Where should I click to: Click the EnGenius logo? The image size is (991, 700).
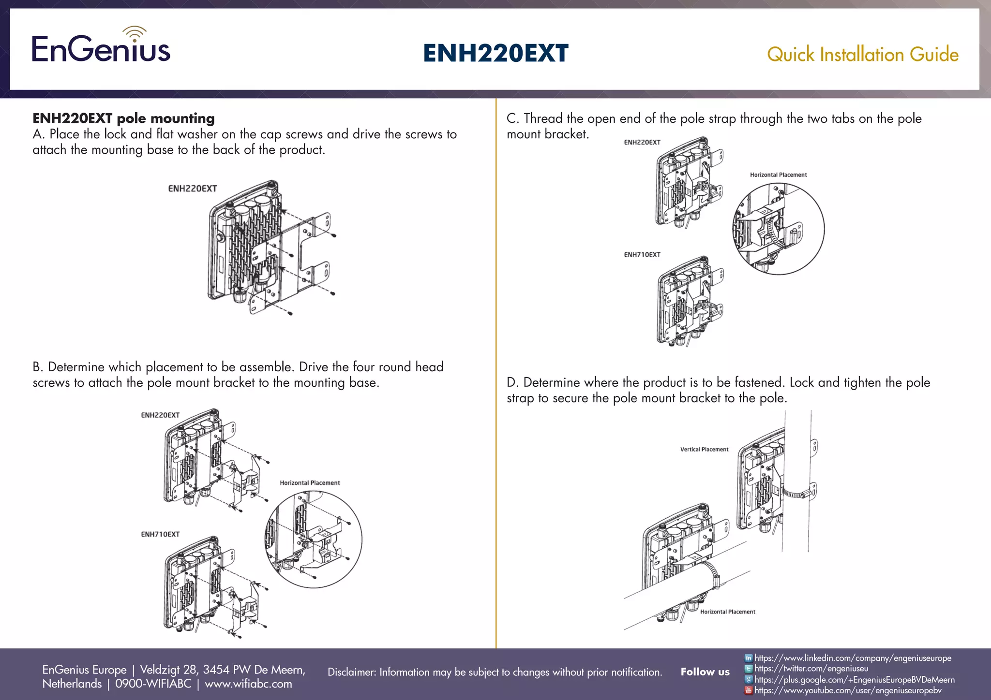click(101, 46)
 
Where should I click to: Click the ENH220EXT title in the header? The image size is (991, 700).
click(495, 53)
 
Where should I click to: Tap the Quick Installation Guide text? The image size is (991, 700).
click(862, 54)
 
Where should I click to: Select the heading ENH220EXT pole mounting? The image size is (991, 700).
click(123, 118)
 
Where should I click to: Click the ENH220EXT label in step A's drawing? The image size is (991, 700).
click(192, 189)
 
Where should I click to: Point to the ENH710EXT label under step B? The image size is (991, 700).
click(160, 534)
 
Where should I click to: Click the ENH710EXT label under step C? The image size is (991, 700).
click(642, 255)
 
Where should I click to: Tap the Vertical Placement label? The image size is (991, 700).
click(704, 450)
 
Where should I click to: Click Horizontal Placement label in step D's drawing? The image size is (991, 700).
click(727, 612)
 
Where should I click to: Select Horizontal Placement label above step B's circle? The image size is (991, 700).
click(310, 483)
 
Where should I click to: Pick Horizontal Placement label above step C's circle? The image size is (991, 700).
click(778, 175)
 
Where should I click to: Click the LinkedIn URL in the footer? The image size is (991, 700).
click(853, 658)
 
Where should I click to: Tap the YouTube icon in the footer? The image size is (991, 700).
click(748, 690)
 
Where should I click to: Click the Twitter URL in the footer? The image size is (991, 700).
click(811, 669)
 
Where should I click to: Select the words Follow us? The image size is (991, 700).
click(705, 672)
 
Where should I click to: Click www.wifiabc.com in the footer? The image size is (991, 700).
click(248, 684)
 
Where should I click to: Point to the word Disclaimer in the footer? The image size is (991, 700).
click(351, 672)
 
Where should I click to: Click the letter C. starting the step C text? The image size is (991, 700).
click(512, 119)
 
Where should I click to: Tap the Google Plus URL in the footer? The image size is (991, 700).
click(855, 680)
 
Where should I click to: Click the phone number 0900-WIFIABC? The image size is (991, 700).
click(153, 684)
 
